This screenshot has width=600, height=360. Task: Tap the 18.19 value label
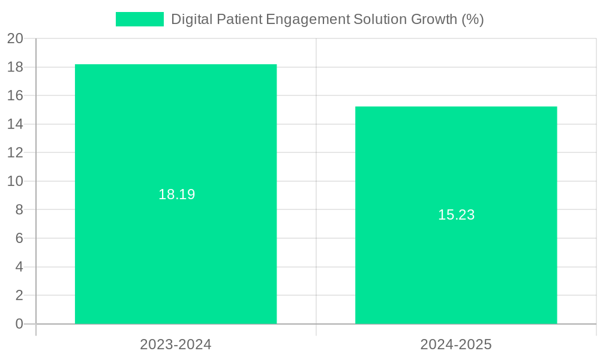(176, 194)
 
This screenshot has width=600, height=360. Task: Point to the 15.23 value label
(456, 215)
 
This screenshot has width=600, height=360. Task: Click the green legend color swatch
(139, 19)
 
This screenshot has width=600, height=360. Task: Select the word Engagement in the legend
(307, 19)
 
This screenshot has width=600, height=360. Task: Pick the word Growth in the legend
(434, 19)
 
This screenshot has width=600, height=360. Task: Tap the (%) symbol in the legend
(473, 19)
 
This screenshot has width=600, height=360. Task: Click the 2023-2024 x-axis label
(176, 344)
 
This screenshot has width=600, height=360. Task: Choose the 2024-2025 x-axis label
(456, 344)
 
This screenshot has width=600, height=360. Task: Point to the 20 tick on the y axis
(15, 38)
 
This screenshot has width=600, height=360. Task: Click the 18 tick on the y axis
(15, 67)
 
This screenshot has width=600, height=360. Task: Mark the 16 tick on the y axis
(15, 95)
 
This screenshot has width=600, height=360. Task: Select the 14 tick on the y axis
(15, 124)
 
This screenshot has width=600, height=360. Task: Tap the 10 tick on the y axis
(15, 181)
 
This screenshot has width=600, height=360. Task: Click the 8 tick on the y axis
(19, 209)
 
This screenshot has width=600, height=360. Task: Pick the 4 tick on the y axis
(19, 266)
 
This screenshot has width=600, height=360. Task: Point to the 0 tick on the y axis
(19, 324)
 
